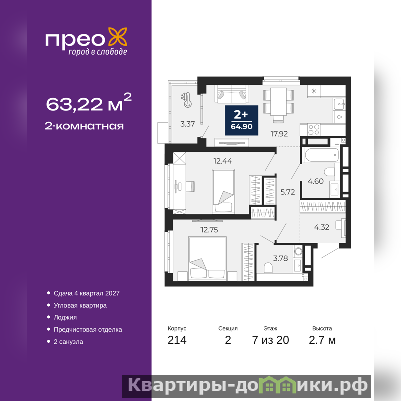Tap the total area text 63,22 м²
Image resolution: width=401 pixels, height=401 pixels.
click(89, 102)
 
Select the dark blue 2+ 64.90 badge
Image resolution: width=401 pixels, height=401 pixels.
click(242, 120)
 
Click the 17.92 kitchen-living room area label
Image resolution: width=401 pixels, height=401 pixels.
click(279, 134)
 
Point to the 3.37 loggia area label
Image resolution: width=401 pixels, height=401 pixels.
click(187, 124)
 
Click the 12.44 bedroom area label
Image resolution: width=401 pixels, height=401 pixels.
click(223, 161)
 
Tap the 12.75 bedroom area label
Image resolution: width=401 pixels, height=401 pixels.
click(209, 230)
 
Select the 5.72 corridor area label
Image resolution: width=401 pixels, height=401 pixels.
click(287, 192)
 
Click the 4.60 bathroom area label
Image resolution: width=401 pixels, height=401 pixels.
click(316, 181)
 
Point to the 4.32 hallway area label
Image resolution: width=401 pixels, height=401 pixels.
click(321, 227)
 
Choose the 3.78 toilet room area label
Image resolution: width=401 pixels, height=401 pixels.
click(280, 258)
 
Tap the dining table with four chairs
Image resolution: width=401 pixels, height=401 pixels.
click(279, 104)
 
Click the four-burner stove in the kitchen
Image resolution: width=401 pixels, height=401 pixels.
click(314, 130)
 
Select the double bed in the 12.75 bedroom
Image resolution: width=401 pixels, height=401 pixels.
click(208, 258)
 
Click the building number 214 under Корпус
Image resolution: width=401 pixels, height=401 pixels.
click(177, 340)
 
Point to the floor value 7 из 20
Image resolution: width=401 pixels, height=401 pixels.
click(270, 340)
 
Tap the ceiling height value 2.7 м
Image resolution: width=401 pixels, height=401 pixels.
click(322, 340)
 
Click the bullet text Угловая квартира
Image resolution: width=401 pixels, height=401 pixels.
click(80, 305)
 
